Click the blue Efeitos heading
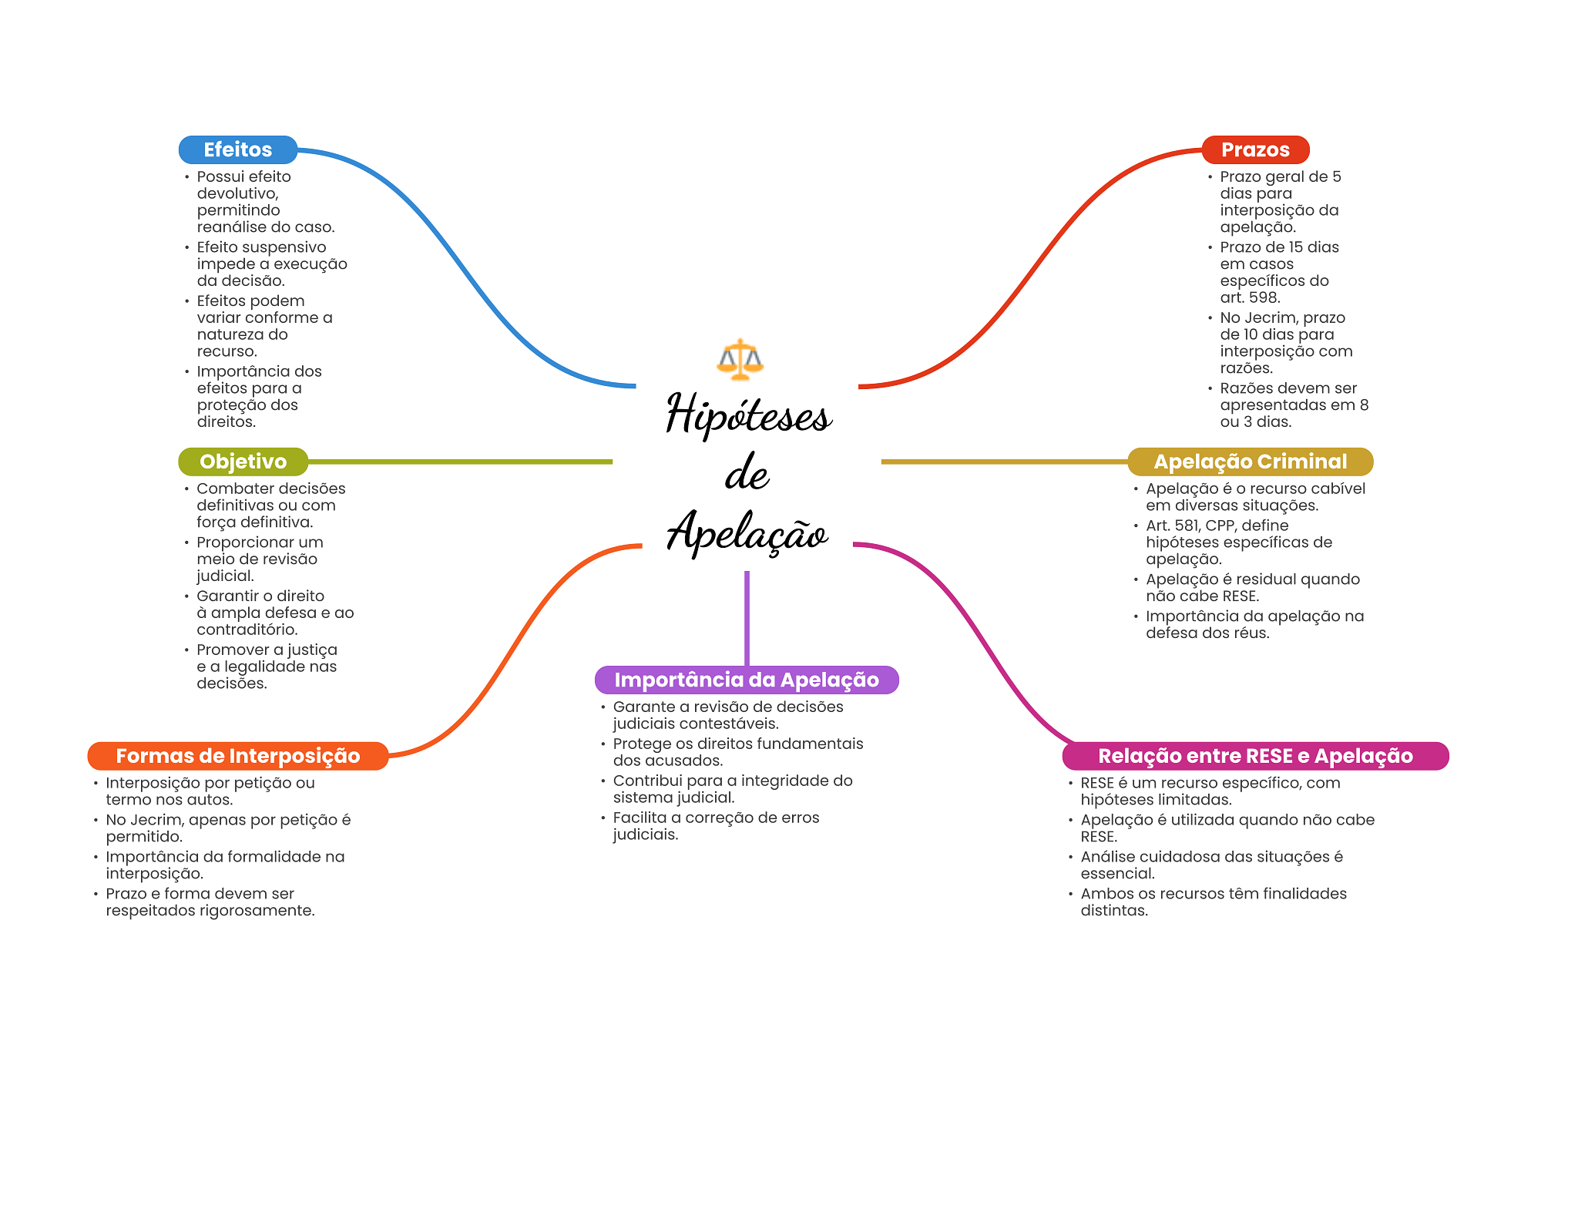(237, 149)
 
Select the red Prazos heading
(1254, 149)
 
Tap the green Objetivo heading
(243, 462)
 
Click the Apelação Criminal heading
(1250, 462)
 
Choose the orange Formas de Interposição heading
(237, 756)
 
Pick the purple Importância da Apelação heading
(746, 680)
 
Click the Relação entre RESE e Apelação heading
(1254, 756)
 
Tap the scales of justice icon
(740, 359)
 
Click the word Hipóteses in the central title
(748, 415)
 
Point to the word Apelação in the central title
(747, 532)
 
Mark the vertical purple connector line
(747, 616)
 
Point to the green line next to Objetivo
(462, 462)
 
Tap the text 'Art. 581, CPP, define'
(1217, 526)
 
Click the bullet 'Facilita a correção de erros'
(716, 818)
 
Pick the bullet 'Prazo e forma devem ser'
(200, 894)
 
